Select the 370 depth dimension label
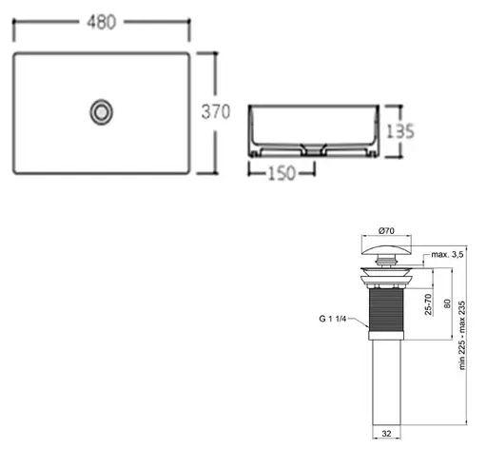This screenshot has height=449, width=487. [216, 112]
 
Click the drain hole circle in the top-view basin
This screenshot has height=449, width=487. [101, 112]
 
